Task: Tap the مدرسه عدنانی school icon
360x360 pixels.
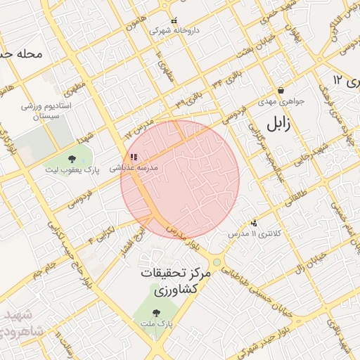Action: pyautogui.click(x=134, y=157)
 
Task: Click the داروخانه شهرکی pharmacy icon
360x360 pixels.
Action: pyautogui.click(x=174, y=20)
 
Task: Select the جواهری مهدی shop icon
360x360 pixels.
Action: pyautogui.click(x=281, y=90)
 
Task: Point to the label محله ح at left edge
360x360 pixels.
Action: pyautogui.click(x=22, y=53)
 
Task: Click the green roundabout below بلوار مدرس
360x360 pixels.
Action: pyautogui.click(x=217, y=262)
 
